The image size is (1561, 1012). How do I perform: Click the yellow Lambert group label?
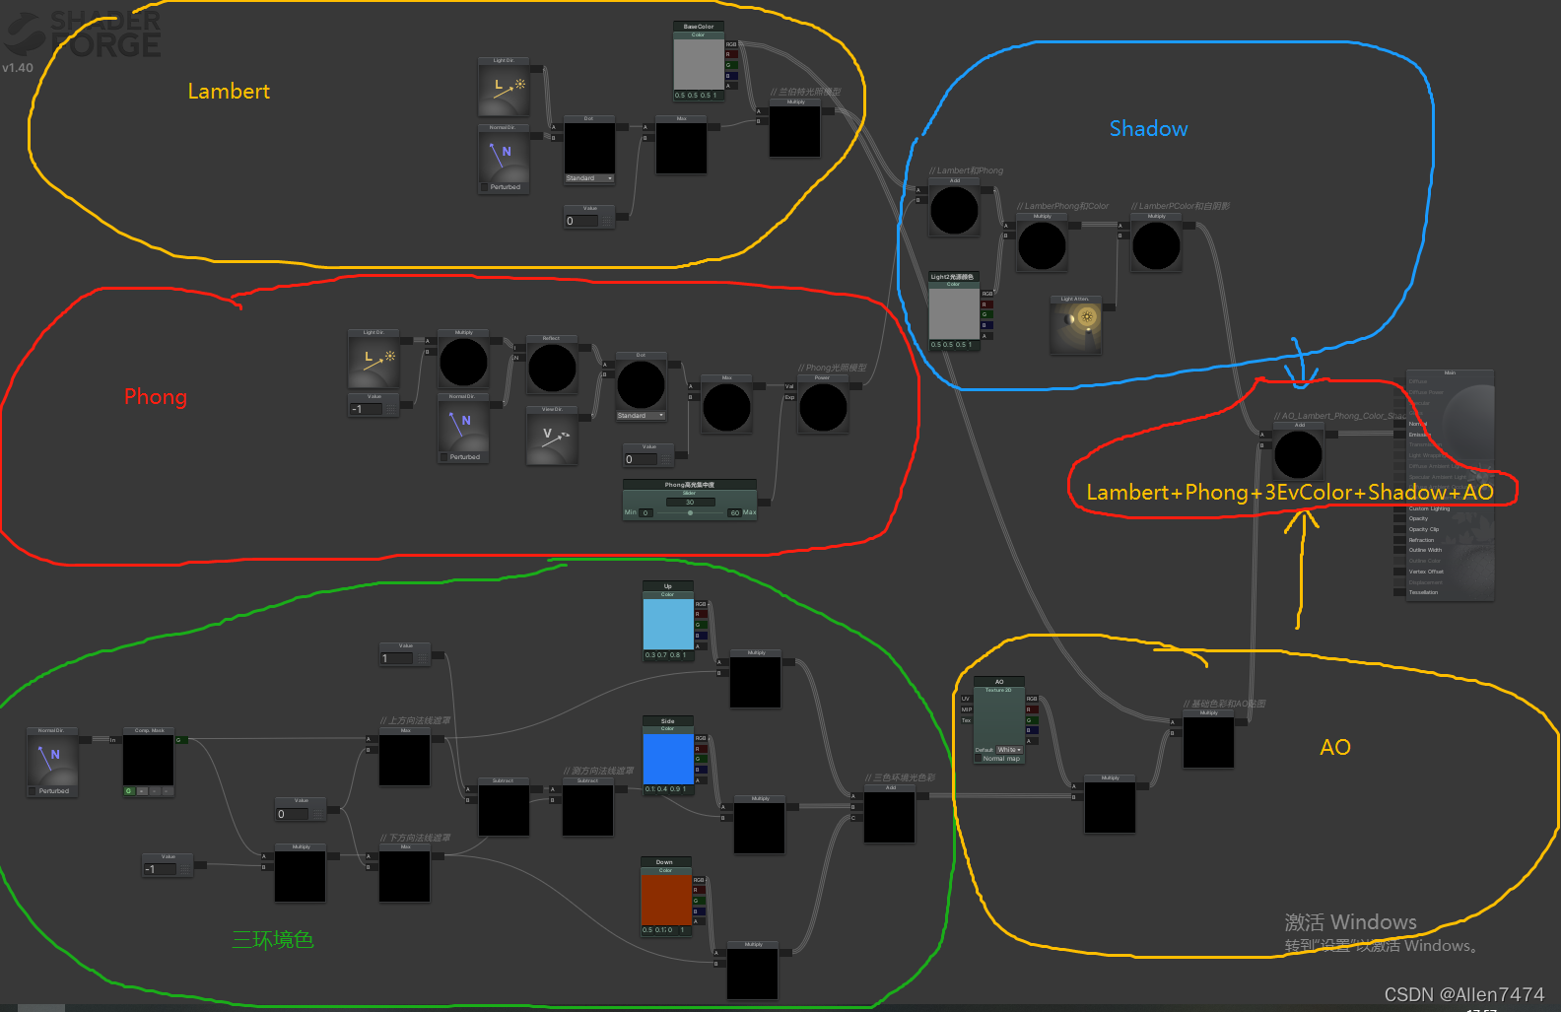tap(229, 92)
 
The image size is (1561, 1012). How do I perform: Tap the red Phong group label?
tap(156, 397)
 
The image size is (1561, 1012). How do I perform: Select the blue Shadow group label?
tap(1148, 129)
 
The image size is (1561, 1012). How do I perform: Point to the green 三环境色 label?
tap(273, 940)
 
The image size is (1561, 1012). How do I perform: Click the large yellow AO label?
tap(1335, 747)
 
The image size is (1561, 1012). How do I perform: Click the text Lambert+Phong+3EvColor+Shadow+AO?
tap(1289, 493)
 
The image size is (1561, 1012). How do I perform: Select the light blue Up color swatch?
tap(667, 624)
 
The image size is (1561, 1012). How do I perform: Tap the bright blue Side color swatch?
tap(668, 758)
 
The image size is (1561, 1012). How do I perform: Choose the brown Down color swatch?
tap(665, 899)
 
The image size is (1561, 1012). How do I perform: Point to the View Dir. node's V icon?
tap(552, 438)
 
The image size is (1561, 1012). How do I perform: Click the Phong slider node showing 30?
tap(689, 502)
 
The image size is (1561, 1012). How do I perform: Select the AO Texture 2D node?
tap(999, 719)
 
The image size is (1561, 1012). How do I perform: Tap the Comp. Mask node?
tap(149, 761)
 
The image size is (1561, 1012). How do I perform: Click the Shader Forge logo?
tap(84, 34)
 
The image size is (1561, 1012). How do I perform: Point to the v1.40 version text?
tap(18, 68)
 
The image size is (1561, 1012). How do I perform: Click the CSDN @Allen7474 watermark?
tap(1463, 994)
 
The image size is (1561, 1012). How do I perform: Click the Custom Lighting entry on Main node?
tap(1429, 508)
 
